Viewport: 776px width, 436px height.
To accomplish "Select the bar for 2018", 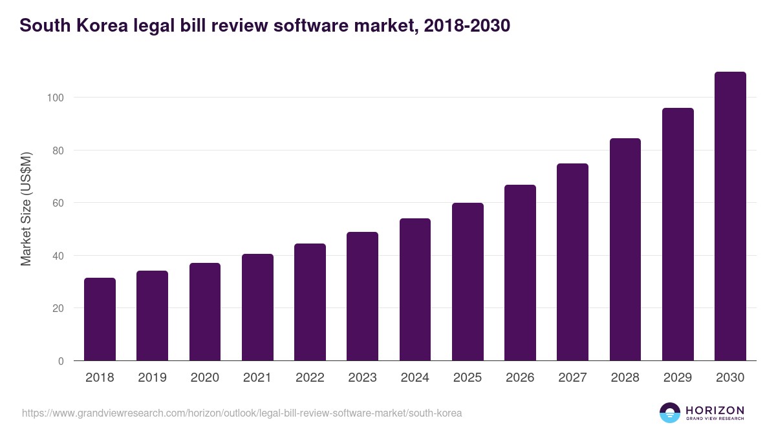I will pyautogui.click(x=100, y=319).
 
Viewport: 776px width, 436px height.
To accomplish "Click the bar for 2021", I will pyautogui.click(x=257, y=307).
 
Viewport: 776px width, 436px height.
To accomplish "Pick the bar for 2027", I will pyautogui.click(x=572, y=262).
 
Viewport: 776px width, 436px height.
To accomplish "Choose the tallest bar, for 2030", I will pyautogui.click(x=730, y=216).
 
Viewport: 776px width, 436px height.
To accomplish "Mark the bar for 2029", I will pyautogui.click(x=678, y=234).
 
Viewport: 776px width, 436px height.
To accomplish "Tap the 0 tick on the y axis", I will pyautogui.click(x=61, y=361).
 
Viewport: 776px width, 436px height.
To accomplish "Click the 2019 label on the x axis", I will pyautogui.click(x=152, y=378).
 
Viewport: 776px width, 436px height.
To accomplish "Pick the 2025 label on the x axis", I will pyautogui.click(x=468, y=378).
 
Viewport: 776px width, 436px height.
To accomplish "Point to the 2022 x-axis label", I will pyautogui.click(x=310, y=378).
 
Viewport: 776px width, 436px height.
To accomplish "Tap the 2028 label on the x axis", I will pyautogui.click(x=625, y=378).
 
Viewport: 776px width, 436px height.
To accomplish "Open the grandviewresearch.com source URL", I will pyautogui.click(x=242, y=413).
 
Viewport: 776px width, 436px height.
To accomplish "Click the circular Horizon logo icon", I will pyautogui.click(x=670, y=413).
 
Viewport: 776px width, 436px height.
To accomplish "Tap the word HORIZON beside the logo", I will pyautogui.click(x=715, y=410).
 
